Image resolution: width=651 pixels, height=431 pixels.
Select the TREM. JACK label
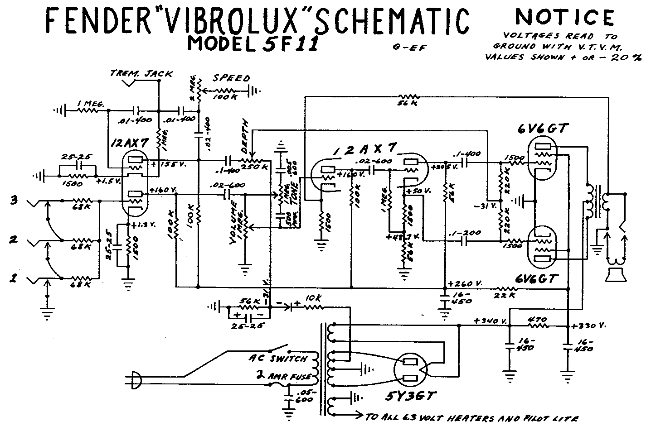(141, 73)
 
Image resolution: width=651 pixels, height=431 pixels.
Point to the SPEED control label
(232, 78)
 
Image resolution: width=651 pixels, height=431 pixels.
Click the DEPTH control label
(246, 131)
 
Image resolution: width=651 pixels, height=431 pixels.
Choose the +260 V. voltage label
(464, 283)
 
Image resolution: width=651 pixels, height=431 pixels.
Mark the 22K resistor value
(505, 295)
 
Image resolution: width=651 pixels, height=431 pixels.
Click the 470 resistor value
(538, 318)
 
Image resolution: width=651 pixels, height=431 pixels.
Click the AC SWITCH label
(278, 358)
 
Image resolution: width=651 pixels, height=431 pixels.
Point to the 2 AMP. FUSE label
(284, 376)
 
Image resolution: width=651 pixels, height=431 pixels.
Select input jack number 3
(14, 200)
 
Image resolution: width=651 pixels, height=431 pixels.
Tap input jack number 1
(14, 279)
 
